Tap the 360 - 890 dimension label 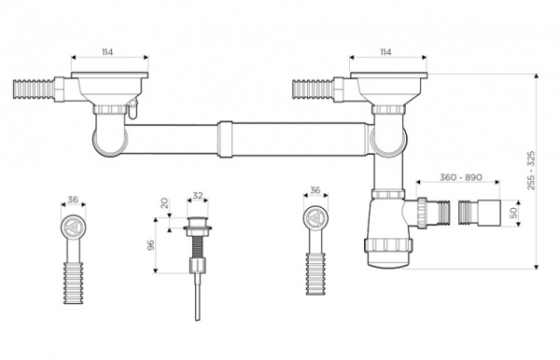(x=459, y=178)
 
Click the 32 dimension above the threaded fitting (x=197, y=197)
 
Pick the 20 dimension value (x=164, y=203)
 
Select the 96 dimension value (x=149, y=244)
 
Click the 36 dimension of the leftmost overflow (x=73, y=200)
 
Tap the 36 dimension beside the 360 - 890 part (x=315, y=191)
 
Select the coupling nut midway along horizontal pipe (x=225, y=137)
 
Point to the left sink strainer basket (x=109, y=89)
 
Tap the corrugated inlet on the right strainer (x=311, y=90)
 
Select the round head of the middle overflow (x=315, y=220)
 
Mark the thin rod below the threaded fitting (x=198, y=298)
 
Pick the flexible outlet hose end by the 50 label (x=484, y=214)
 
